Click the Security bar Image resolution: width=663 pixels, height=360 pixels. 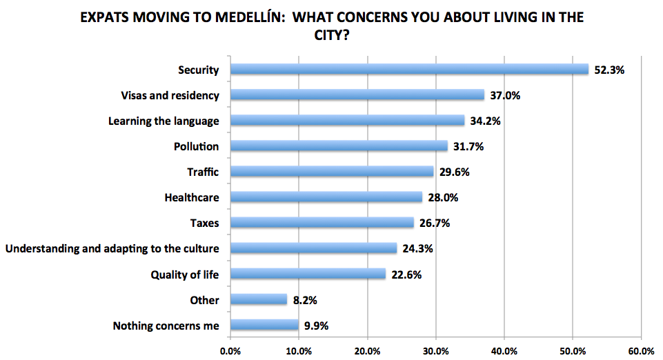click(x=409, y=69)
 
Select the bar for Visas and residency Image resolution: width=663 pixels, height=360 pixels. click(x=357, y=94)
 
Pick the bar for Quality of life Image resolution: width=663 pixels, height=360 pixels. click(x=308, y=274)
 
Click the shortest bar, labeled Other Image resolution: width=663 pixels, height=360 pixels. click(x=258, y=299)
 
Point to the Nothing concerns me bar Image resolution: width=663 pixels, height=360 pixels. click(x=264, y=325)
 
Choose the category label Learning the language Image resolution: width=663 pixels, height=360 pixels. click(x=164, y=121)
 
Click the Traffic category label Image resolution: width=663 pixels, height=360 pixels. click(x=203, y=172)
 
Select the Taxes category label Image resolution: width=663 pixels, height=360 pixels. click(x=204, y=223)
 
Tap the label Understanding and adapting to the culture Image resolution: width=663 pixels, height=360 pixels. click(x=112, y=248)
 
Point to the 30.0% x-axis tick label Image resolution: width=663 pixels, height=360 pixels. click(x=435, y=350)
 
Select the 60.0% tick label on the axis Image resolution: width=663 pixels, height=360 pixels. click(x=641, y=350)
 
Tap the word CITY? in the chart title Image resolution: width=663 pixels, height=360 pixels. click(x=331, y=34)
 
